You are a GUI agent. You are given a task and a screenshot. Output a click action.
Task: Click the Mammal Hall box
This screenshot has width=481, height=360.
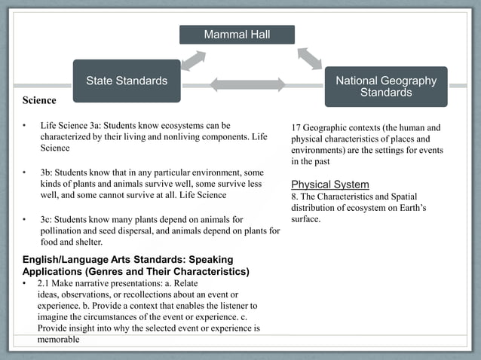(x=237, y=35)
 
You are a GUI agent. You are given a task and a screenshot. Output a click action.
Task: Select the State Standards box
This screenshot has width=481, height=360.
(x=127, y=81)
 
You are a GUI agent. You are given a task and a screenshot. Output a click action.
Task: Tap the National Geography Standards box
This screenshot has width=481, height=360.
(x=385, y=86)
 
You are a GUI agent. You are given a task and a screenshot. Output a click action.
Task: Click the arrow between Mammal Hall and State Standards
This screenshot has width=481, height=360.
(x=193, y=60)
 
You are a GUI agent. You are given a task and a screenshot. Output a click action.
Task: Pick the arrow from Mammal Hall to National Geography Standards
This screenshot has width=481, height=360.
(x=309, y=58)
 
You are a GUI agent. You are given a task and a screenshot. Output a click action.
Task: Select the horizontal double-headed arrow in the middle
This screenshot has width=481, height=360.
(x=247, y=84)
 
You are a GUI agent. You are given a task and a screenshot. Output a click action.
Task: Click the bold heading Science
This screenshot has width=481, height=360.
(x=38, y=99)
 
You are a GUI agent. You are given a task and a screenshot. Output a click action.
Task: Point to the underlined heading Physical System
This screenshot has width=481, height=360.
(x=329, y=185)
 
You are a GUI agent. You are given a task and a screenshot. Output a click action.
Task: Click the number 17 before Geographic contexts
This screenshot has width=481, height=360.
(x=296, y=127)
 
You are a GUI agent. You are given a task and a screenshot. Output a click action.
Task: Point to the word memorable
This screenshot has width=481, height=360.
(x=58, y=340)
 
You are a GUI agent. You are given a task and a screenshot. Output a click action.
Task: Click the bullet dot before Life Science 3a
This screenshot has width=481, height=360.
(x=24, y=125)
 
